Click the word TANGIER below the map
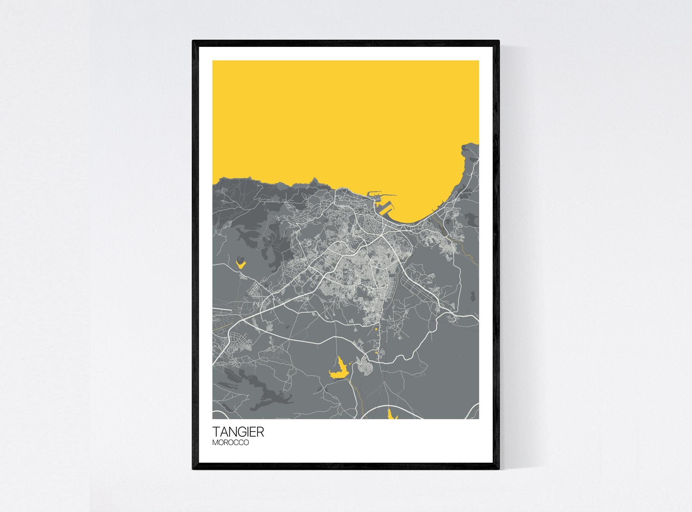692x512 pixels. tap(238, 432)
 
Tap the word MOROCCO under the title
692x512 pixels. tap(230, 443)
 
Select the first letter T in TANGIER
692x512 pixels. tap(216, 432)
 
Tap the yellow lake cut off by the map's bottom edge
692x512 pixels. tap(392, 414)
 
